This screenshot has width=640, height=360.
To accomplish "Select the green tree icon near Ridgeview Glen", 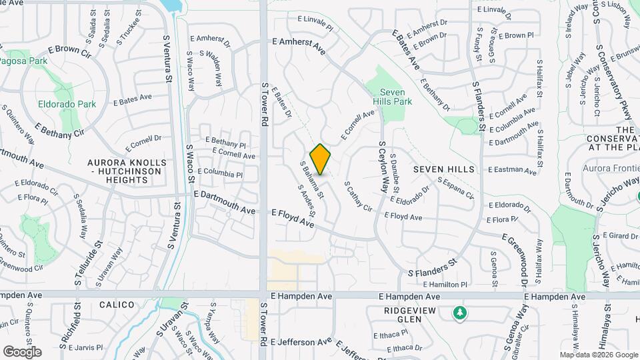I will pyautogui.click(x=459, y=312).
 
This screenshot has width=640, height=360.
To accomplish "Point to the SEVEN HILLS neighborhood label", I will pyautogui.click(x=444, y=169).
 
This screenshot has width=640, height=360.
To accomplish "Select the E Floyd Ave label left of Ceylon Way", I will pyautogui.click(x=293, y=219).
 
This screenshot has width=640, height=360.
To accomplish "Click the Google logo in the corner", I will pyautogui.click(x=22, y=351).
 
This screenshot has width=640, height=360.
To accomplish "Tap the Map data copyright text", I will pyautogui.click(x=599, y=355).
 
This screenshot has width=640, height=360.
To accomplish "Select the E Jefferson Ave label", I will pyautogui.click(x=301, y=342).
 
